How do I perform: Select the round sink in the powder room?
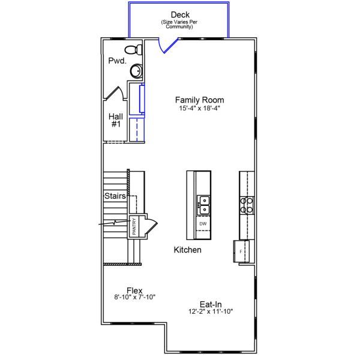[x=137, y=71]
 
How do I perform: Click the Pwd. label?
[x=116, y=61]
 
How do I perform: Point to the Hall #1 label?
[x=116, y=120]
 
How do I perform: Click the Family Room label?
[x=199, y=100]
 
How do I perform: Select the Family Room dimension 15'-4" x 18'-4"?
[x=199, y=109]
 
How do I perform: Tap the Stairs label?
[x=115, y=196]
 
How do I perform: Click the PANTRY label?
[x=134, y=226]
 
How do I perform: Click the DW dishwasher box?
[x=203, y=224]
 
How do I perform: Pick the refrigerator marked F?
[x=241, y=251]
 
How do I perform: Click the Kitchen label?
[x=188, y=250]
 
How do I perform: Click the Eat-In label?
[x=211, y=304]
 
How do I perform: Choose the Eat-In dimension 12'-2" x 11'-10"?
[x=211, y=311]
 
